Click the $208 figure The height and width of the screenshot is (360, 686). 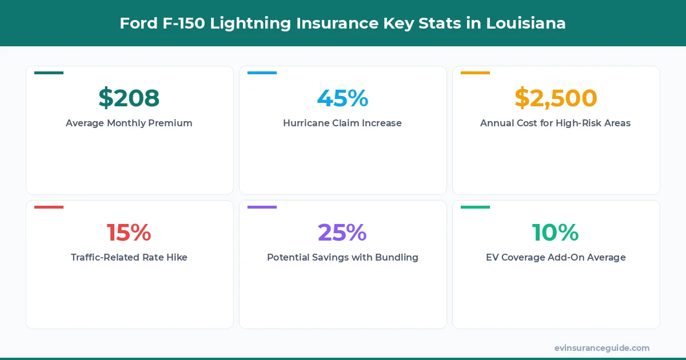click(129, 98)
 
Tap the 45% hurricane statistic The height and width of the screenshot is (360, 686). click(342, 98)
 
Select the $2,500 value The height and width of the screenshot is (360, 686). click(556, 98)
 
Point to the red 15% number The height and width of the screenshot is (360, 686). click(129, 233)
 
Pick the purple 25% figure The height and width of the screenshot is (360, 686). click(342, 233)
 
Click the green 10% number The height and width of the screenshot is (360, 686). click(556, 233)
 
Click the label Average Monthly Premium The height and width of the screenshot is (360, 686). click(129, 123)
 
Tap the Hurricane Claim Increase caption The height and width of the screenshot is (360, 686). click(342, 123)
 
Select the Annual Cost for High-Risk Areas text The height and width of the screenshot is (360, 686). click(556, 123)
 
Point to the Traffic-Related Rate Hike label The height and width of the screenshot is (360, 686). click(129, 257)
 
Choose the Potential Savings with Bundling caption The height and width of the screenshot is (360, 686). click(342, 257)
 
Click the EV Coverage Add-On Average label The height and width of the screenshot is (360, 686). click(556, 257)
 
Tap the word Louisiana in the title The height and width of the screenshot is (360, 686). click(526, 23)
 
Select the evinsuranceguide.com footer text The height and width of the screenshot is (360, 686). click(602, 347)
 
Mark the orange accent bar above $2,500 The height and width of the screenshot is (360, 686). click(475, 73)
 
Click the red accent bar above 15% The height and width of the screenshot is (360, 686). click(49, 207)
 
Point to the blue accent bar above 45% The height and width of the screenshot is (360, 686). click(262, 73)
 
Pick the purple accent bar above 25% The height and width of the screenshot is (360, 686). click(262, 207)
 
